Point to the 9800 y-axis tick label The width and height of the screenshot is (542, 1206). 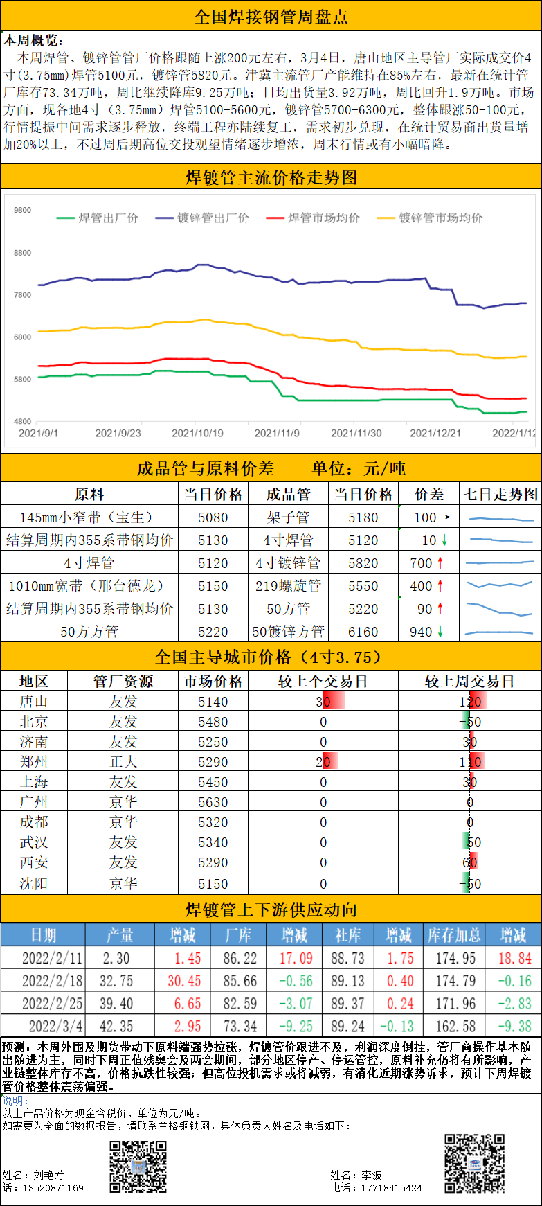pyautogui.click(x=22, y=210)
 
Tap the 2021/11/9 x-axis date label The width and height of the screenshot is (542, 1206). pyautogui.click(x=277, y=433)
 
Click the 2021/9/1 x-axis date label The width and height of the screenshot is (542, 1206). pyautogui.click(x=38, y=433)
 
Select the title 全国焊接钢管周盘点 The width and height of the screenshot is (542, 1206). pyautogui.click(x=271, y=17)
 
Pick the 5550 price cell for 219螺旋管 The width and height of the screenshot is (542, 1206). pyautogui.click(x=363, y=586)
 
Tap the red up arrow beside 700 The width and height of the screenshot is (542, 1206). pyautogui.click(x=440, y=563)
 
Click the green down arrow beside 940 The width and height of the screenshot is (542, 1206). pyautogui.click(x=440, y=632)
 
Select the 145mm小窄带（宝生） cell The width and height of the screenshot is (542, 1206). pyautogui.click(x=89, y=517)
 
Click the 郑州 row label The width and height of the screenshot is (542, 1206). pyautogui.click(x=33, y=762)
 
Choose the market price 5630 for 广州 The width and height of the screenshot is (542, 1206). pyautogui.click(x=213, y=802)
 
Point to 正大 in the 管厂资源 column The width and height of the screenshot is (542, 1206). pyautogui.click(x=123, y=762)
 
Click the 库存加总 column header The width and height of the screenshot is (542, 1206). pyautogui.click(x=454, y=935)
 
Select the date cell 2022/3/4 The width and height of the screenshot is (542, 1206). pyautogui.click(x=52, y=1026)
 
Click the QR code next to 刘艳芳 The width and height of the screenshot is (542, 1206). pyautogui.click(x=138, y=1167)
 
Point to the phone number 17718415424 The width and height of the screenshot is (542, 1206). pyautogui.click(x=391, y=1187)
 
